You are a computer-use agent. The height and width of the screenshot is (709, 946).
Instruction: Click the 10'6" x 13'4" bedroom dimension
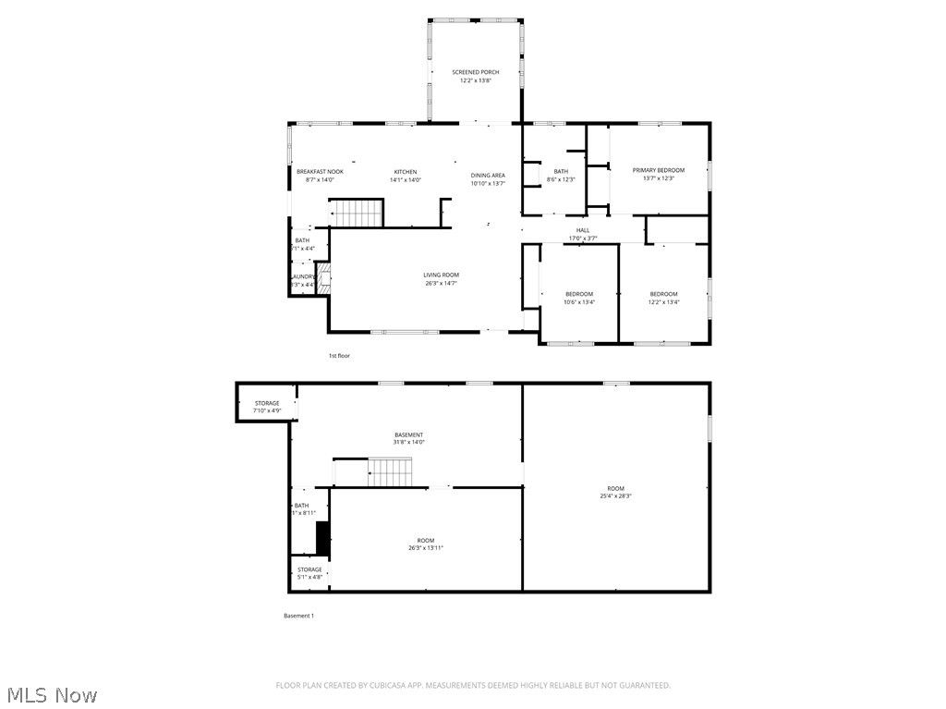[x=579, y=302]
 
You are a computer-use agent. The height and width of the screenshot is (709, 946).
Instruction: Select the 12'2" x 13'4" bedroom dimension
[x=663, y=302]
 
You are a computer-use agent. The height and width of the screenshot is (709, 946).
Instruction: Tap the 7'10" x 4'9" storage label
[x=267, y=407]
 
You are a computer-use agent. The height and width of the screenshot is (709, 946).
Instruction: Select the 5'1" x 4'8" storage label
[x=309, y=573]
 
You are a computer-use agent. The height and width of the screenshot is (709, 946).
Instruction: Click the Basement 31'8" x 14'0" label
[x=409, y=438]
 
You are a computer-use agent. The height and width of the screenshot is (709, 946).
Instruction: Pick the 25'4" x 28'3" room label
[x=615, y=492]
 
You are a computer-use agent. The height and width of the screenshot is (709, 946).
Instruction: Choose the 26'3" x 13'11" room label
[x=426, y=544]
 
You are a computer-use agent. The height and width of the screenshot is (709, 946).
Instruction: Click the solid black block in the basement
[x=322, y=539]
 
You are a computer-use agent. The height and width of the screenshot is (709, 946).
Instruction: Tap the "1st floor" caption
[x=339, y=356]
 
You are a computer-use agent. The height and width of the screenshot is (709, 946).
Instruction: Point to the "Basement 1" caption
[x=298, y=616]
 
